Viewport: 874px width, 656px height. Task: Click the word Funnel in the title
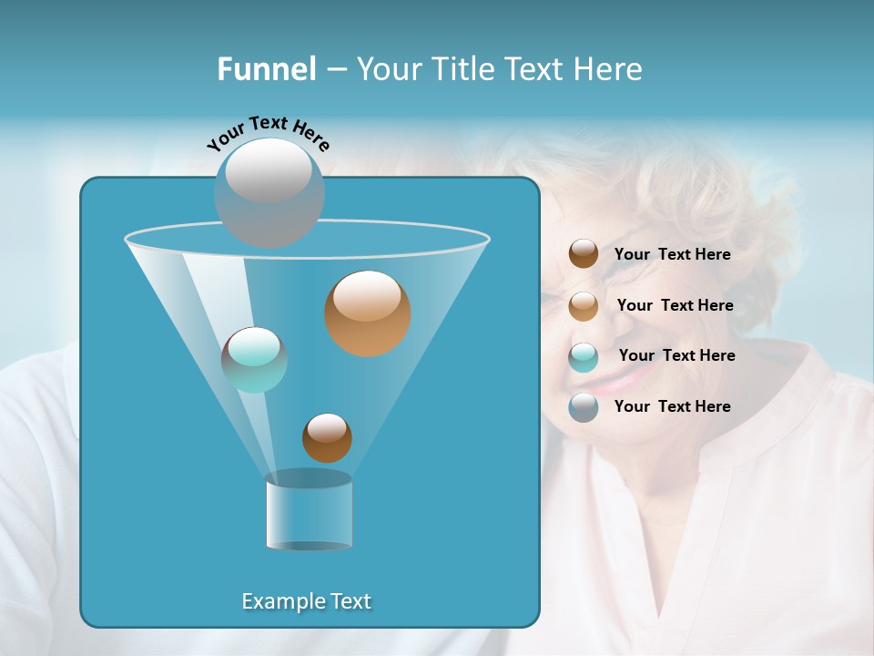point(266,69)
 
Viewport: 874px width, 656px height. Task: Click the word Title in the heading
point(462,69)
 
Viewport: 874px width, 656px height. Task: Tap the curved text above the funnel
point(268,133)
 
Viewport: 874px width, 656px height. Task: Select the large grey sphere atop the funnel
point(269,192)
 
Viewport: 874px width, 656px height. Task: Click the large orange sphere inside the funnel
point(367,313)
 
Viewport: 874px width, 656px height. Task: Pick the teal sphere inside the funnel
point(254,360)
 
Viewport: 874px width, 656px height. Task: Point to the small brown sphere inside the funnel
point(327,438)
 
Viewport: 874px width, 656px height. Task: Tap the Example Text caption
point(306,601)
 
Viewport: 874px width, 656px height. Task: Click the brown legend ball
point(584,254)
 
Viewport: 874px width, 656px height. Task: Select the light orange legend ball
point(584,305)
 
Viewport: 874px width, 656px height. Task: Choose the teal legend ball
point(584,356)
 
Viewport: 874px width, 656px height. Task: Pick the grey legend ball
point(584,407)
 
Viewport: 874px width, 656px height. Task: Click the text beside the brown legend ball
point(672,255)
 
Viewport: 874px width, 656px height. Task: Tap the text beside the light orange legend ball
point(675,305)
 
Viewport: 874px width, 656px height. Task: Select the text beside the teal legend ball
point(676,355)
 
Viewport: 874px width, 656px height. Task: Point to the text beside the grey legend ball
point(672,406)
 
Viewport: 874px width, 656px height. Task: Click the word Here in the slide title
point(609,69)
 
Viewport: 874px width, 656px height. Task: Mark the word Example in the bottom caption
point(276,601)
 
